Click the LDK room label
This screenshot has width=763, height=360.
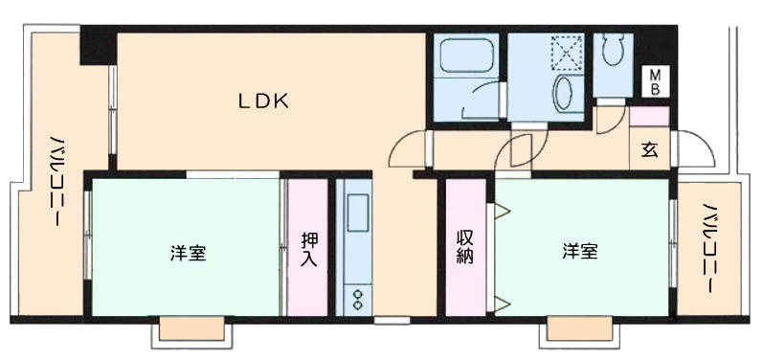tap(263, 101)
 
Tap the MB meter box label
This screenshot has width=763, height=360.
tap(656, 81)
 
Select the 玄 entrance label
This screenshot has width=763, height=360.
tap(650, 150)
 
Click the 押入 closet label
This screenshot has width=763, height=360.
tap(308, 249)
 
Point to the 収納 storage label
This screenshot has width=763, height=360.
tap(465, 246)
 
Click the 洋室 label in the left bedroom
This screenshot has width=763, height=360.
tap(188, 253)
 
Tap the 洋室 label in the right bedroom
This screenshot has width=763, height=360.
tap(580, 252)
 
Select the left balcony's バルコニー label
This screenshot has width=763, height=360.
tap(58, 181)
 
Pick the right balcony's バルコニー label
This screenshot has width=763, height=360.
tap(711, 248)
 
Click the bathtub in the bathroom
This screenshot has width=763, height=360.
tap(466, 56)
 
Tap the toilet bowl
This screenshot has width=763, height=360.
tap(613, 50)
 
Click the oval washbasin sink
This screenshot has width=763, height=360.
tap(564, 94)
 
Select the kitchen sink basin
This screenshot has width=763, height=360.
tap(358, 213)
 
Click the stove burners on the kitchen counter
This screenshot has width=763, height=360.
tap(358, 298)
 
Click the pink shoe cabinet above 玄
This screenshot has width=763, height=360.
tap(650, 117)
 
